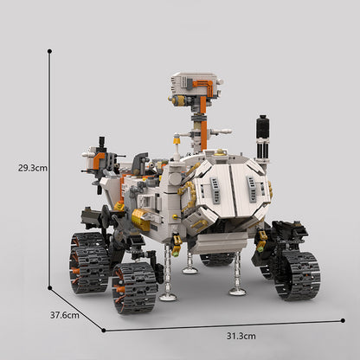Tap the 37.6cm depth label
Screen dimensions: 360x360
click(65, 315)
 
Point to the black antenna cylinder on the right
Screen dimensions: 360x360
click(263, 132)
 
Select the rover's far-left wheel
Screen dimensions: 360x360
click(89, 261)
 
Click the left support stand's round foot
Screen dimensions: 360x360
click(168, 297)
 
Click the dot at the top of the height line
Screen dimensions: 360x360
click(49, 51)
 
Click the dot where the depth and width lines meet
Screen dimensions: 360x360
click(105, 330)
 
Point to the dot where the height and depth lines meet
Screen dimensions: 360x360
click(49, 288)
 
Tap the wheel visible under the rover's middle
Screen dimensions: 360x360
click(216, 258)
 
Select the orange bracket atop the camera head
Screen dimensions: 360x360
click(204, 85)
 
